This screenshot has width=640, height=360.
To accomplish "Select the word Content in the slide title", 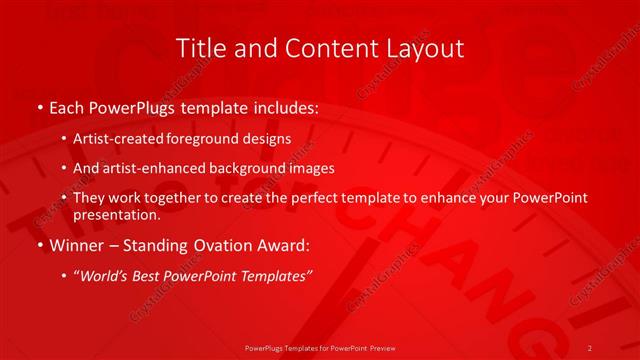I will pyautogui.click(x=320, y=48).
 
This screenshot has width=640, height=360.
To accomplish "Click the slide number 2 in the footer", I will pyautogui.click(x=590, y=347).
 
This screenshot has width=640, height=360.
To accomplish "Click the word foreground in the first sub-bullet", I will pyautogui.click(x=210, y=139).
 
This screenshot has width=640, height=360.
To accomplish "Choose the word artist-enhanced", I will pyautogui.click(x=149, y=168).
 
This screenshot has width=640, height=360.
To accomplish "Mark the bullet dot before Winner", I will pyautogui.click(x=39, y=245).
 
